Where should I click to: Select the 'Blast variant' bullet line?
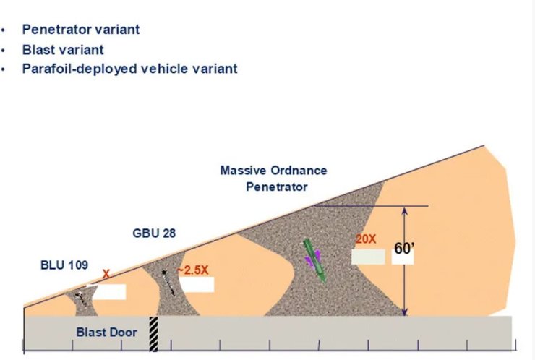[62, 50]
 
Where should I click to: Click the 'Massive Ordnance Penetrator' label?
[273, 178]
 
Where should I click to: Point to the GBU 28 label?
[155, 233]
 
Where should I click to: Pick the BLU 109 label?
[64, 265]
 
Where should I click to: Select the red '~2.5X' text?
[196, 268]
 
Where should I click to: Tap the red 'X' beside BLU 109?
[106, 275]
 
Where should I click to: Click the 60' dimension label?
[403, 249]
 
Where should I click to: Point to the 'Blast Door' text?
[106, 333]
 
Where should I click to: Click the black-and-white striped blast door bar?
[153, 334]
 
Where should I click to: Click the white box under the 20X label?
[367, 256]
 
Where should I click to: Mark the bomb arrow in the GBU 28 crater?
[168, 282]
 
